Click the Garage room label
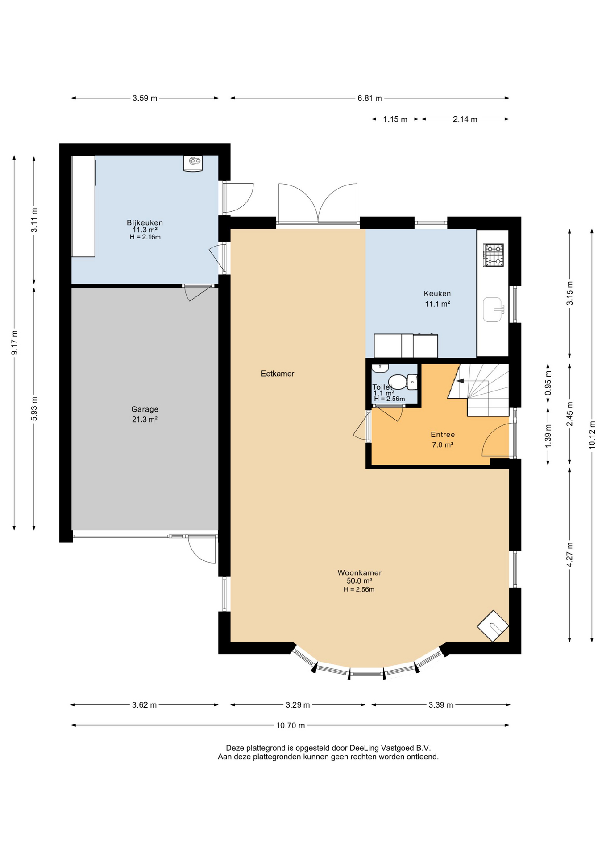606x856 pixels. [x=145, y=409]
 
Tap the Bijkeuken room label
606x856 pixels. [x=145, y=222]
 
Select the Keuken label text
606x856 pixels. [x=437, y=293]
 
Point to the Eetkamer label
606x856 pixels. [x=277, y=374]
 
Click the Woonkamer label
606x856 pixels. [x=359, y=572]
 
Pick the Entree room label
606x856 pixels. [x=443, y=434]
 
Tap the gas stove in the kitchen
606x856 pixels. [x=494, y=255]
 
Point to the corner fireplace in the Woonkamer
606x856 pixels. [x=493, y=626]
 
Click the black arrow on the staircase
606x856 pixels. [x=460, y=381]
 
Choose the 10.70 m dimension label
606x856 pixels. [x=291, y=725]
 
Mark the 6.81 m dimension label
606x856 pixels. [x=369, y=98]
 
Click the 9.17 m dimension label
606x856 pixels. [x=15, y=343]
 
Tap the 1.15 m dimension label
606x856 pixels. [x=395, y=119]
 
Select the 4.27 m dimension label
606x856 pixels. [x=569, y=555]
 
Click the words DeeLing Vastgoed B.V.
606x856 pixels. [x=390, y=748]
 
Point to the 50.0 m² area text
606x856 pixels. [x=359, y=581]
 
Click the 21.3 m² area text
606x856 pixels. [x=145, y=419]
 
